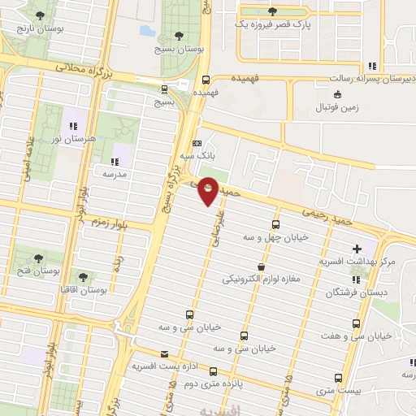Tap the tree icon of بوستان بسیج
[x=178, y=35]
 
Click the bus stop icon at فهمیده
[x=206, y=80]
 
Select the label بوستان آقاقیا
[x=84, y=290]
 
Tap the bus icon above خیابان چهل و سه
[x=275, y=224]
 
